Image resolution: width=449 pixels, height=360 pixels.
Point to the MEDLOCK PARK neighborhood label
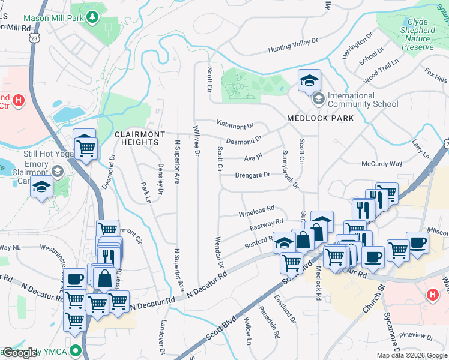pyautogui.click(x=320, y=118)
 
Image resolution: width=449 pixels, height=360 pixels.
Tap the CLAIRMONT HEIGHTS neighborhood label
pyautogui.click(x=137, y=138)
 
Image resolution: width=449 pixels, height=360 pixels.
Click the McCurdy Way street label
pyautogui.click(x=381, y=164)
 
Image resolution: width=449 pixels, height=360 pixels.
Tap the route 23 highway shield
pyautogui.click(x=35, y=37)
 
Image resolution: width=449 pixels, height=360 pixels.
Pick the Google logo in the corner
pyautogui.click(x=20, y=353)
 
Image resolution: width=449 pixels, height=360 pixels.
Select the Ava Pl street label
pyautogui.click(x=253, y=157)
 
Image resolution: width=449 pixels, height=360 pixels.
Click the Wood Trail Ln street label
pyautogui.click(x=381, y=70)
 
